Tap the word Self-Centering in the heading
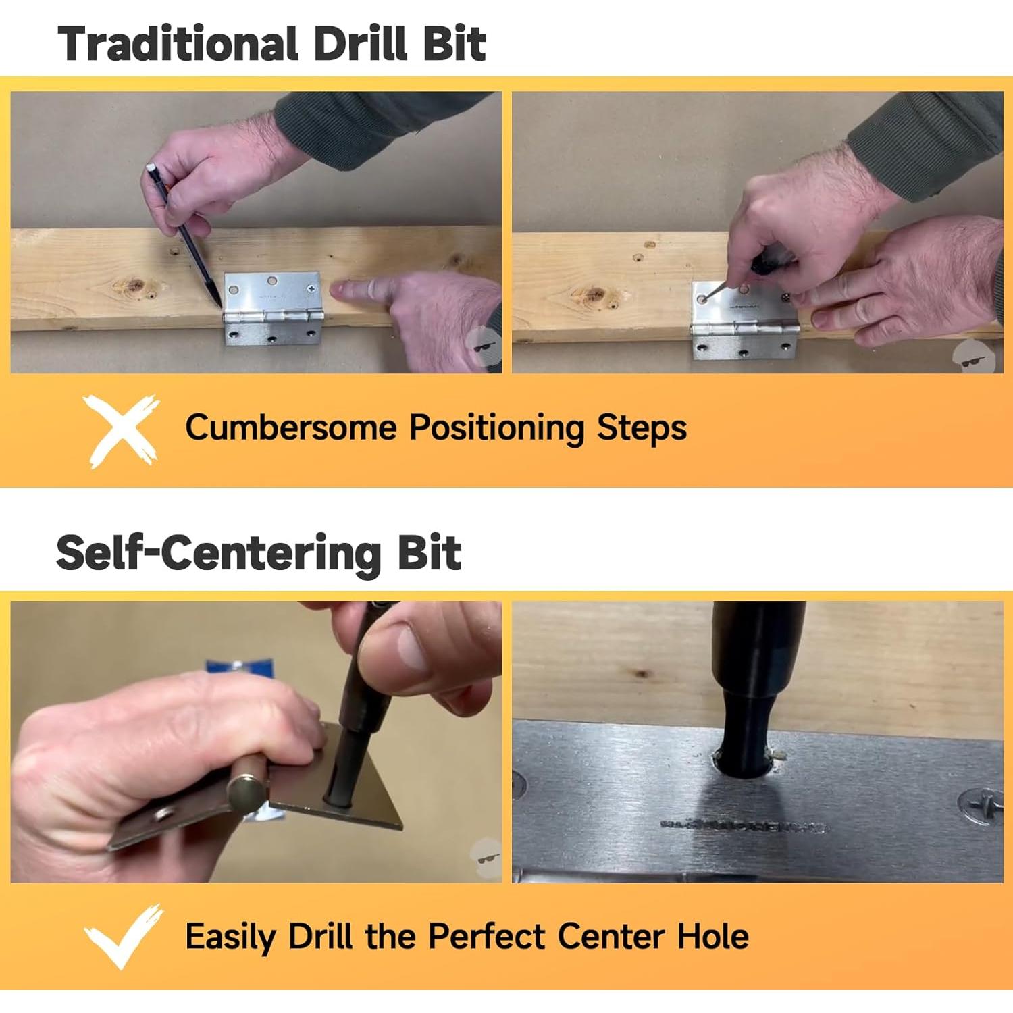(219, 554)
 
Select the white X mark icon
(121, 430)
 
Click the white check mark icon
(124, 936)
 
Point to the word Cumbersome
(291, 427)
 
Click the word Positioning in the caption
(497, 428)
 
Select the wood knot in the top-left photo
(133, 286)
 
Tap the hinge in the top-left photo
(272, 309)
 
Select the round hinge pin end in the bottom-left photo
(244, 795)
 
